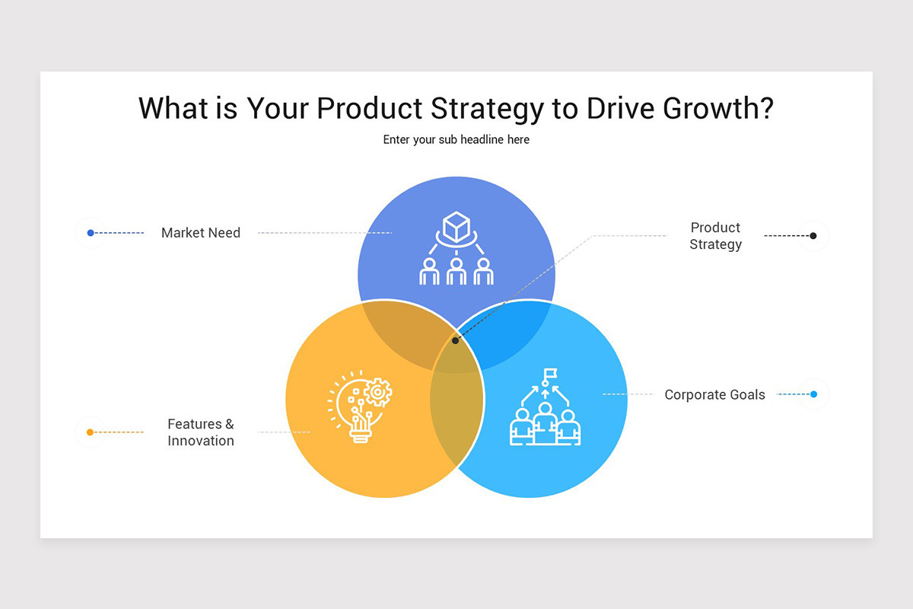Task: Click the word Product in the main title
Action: coord(370,109)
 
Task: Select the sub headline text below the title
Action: coord(456,140)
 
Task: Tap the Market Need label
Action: coord(201,233)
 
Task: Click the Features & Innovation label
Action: coord(201,432)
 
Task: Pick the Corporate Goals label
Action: coord(714,394)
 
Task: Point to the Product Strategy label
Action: coord(715,236)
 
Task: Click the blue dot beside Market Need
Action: coord(91,233)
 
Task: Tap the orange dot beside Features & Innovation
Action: coord(90,432)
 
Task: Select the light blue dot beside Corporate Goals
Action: coord(813,394)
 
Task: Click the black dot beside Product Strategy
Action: coord(813,236)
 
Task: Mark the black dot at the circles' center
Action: coord(456,340)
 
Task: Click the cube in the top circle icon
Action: coord(456,226)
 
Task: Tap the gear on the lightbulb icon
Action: coord(377,393)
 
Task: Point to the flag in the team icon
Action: coord(549,374)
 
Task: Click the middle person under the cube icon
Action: coord(456,272)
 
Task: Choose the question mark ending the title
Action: coord(765,109)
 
